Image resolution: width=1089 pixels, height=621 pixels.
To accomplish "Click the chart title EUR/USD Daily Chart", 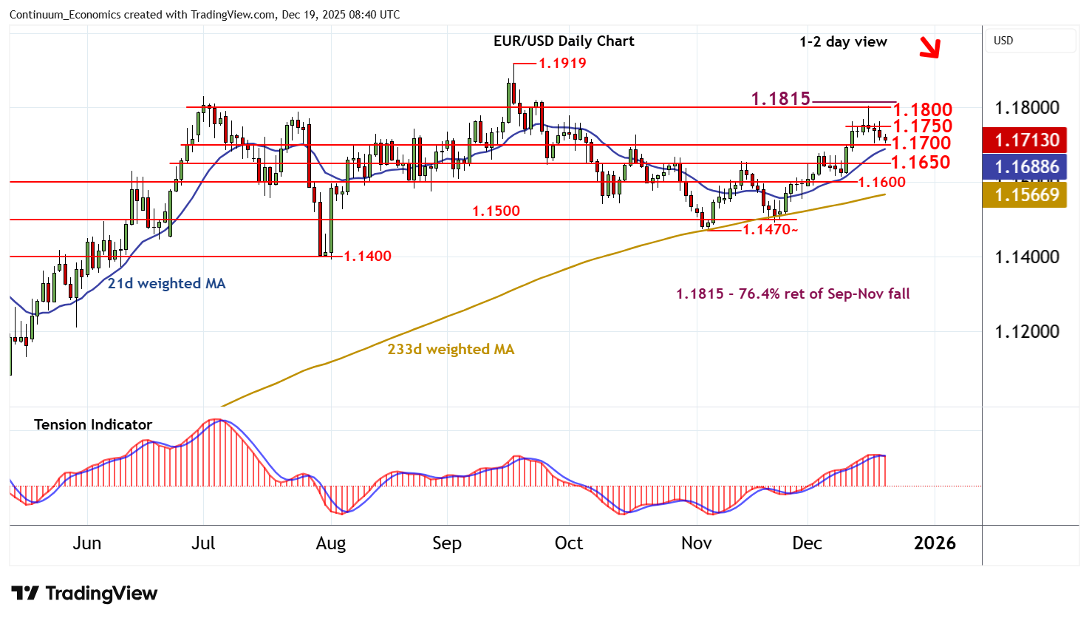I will pyautogui.click(x=564, y=41).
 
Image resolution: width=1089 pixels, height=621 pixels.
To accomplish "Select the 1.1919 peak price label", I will pyautogui.click(x=562, y=64).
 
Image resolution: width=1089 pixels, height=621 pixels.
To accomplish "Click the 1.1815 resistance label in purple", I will pyautogui.click(x=780, y=98).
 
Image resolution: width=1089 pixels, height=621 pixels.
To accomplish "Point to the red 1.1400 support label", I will pyautogui.click(x=367, y=257).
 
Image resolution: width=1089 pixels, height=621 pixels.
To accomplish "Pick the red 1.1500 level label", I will pyautogui.click(x=496, y=211).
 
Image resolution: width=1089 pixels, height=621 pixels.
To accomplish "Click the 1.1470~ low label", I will pyautogui.click(x=770, y=230).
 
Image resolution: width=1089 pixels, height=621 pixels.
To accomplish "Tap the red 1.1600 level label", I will pyautogui.click(x=881, y=183).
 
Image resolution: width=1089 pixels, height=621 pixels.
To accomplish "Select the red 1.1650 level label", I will pyautogui.click(x=921, y=163).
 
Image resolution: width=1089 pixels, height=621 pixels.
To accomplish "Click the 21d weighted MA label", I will pyautogui.click(x=166, y=283).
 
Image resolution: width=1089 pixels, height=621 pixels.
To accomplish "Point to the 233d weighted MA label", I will pyautogui.click(x=451, y=349).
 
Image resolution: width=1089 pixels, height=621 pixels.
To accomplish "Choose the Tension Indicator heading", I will pyautogui.click(x=93, y=424).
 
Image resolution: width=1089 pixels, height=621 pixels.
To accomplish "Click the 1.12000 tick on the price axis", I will pyautogui.click(x=1027, y=331).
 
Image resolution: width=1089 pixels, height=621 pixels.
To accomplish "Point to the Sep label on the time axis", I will pyautogui.click(x=446, y=543).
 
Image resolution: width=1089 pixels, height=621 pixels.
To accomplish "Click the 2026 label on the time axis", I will pyautogui.click(x=935, y=543).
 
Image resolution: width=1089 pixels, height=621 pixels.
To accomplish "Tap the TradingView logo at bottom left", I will pyautogui.click(x=84, y=594).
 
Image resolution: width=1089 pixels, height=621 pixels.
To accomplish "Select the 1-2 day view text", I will pyautogui.click(x=843, y=42).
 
